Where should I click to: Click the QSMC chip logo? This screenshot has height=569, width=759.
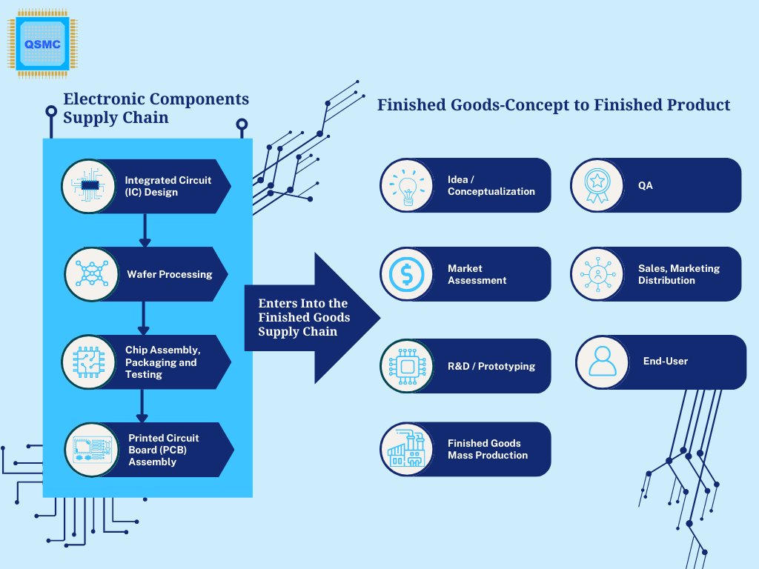(x=42, y=44)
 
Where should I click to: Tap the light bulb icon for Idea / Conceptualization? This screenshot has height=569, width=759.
(x=408, y=186)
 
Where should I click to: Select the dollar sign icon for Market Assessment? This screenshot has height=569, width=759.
(x=407, y=274)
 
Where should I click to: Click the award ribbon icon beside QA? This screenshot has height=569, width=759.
(x=597, y=185)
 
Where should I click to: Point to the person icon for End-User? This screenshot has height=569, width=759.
(x=602, y=362)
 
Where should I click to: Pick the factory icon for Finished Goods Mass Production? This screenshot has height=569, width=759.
(x=407, y=449)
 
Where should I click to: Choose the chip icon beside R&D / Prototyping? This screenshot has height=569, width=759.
(x=407, y=367)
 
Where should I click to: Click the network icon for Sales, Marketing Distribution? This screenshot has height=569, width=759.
(x=598, y=274)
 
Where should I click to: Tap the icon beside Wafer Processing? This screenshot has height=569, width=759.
(x=91, y=274)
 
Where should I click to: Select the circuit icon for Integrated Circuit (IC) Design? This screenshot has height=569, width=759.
(x=89, y=186)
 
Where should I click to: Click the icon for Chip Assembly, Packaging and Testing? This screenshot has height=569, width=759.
(x=89, y=362)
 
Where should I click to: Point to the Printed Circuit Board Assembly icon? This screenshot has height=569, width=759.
(x=92, y=450)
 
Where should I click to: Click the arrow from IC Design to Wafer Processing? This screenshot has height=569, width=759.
(x=145, y=230)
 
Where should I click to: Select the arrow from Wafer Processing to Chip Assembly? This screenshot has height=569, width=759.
(x=143, y=318)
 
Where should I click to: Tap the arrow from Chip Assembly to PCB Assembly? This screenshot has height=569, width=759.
(x=142, y=406)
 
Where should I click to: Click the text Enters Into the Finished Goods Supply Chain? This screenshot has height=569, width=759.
(x=303, y=317)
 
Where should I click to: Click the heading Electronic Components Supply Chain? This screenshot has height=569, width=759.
(x=156, y=108)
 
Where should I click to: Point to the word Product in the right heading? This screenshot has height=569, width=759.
(x=698, y=104)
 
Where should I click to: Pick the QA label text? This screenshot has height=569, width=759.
(x=646, y=185)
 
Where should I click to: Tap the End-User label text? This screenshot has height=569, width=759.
(x=665, y=361)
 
